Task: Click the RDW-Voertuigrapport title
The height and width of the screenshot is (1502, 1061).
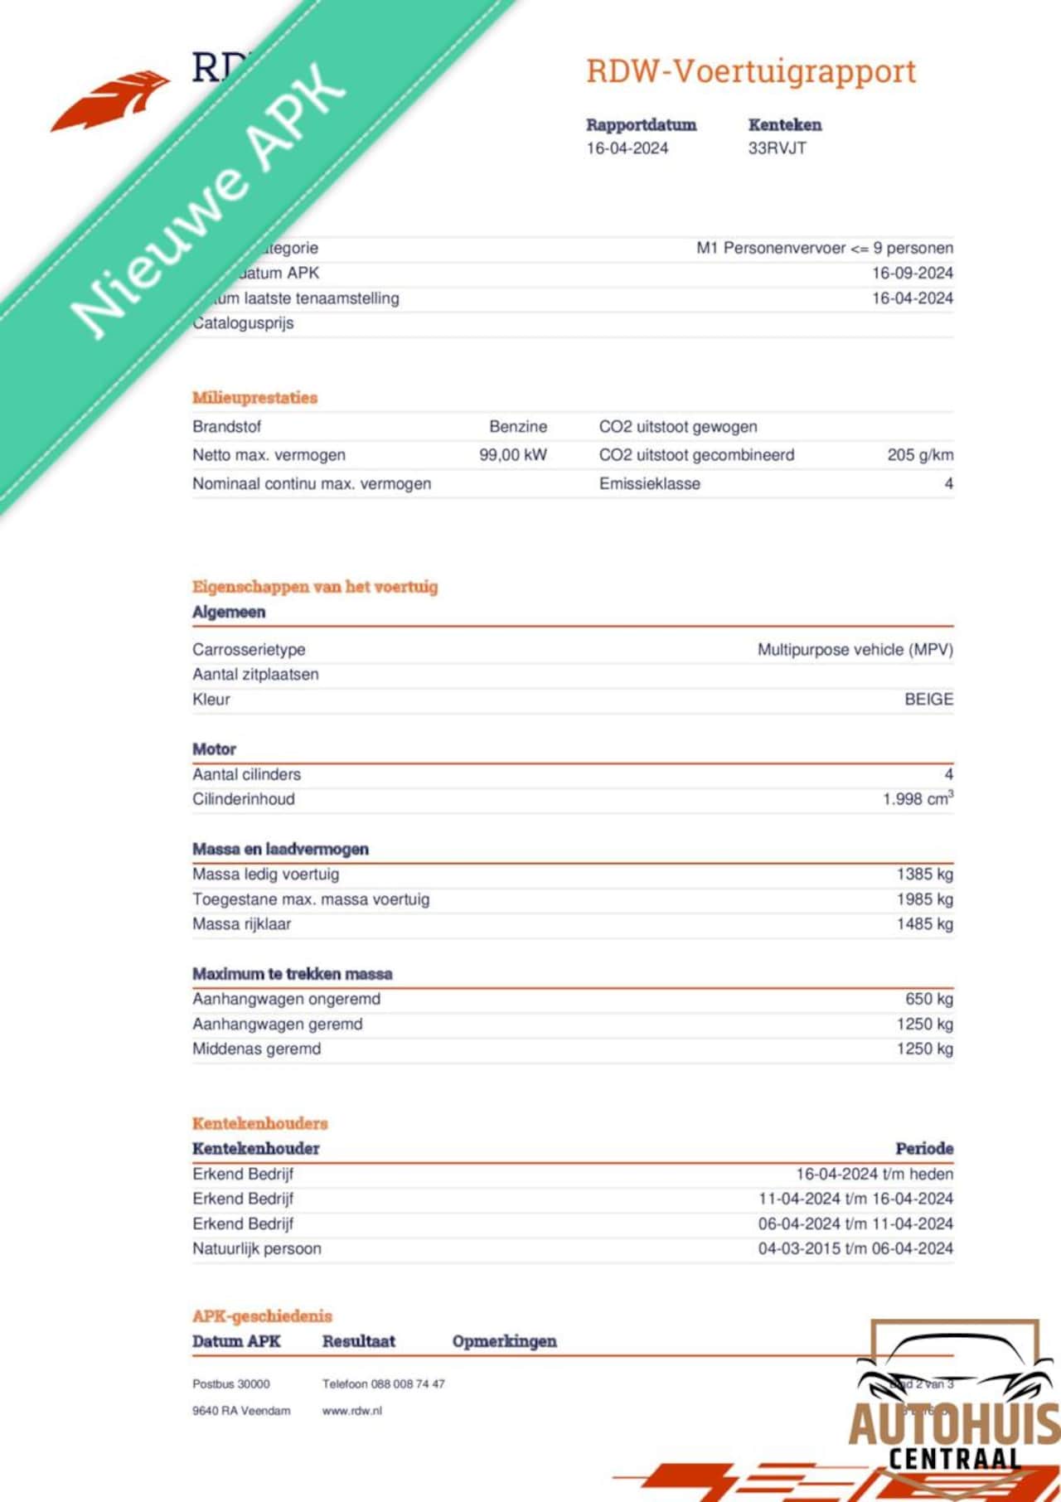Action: pos(751,71)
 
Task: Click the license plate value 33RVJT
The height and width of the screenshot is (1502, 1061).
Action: pos(777,148)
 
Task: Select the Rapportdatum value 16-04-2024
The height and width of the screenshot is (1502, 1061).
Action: pos(627,148)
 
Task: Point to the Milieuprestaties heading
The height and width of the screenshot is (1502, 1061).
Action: pos(254,398)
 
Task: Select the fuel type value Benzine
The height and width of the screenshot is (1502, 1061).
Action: pos(518,427)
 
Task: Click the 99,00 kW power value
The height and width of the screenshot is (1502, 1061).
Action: pos(513,455)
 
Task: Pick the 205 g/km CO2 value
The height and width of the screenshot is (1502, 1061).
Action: pos(920,455)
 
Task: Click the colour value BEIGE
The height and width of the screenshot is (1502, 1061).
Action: pos(928,700)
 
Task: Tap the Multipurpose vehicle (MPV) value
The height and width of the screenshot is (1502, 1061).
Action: pos(855,650)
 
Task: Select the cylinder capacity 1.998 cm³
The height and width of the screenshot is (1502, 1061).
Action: pos(918,799)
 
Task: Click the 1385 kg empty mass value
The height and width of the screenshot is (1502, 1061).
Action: pos(924,875)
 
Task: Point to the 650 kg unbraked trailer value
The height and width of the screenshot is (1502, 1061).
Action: pos(928,1000)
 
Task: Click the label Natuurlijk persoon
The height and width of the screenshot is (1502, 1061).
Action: pos(257,1248)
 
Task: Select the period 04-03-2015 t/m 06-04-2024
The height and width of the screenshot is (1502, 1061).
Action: pos(855,1248)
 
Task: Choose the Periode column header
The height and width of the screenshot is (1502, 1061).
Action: pos(924,1149)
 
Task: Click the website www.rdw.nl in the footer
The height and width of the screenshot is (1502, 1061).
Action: pos(352,1411)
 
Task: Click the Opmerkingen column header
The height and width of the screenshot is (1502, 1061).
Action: pos(504,1341)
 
